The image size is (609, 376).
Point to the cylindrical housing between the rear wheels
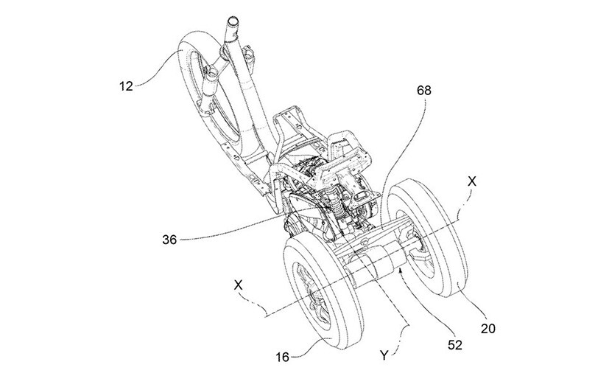point(375,266)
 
